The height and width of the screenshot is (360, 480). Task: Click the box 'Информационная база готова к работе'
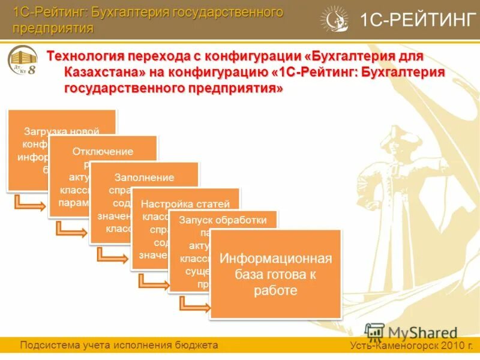coord(275,274)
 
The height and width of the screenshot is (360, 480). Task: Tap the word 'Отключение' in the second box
coord(103,151)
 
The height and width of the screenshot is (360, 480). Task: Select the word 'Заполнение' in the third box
coord(145,177)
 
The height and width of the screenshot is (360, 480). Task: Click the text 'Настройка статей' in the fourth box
coord(185,203)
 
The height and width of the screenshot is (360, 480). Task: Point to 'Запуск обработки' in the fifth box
coord(223,220)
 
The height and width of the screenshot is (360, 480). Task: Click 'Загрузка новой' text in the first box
coord(61,131)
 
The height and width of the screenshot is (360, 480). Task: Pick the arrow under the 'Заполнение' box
coord(111,255)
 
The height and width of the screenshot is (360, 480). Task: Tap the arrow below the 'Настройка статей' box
coord(152,281)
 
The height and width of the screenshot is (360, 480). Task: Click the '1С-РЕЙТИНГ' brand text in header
coord(418,20)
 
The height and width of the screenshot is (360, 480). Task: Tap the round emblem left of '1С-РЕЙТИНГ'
coord(334,20)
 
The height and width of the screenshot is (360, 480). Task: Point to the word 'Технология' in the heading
coord(85,56)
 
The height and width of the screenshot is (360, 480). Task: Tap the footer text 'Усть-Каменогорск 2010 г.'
coord(412,346)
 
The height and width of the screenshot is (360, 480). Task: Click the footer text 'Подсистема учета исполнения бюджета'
coord(119,345)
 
